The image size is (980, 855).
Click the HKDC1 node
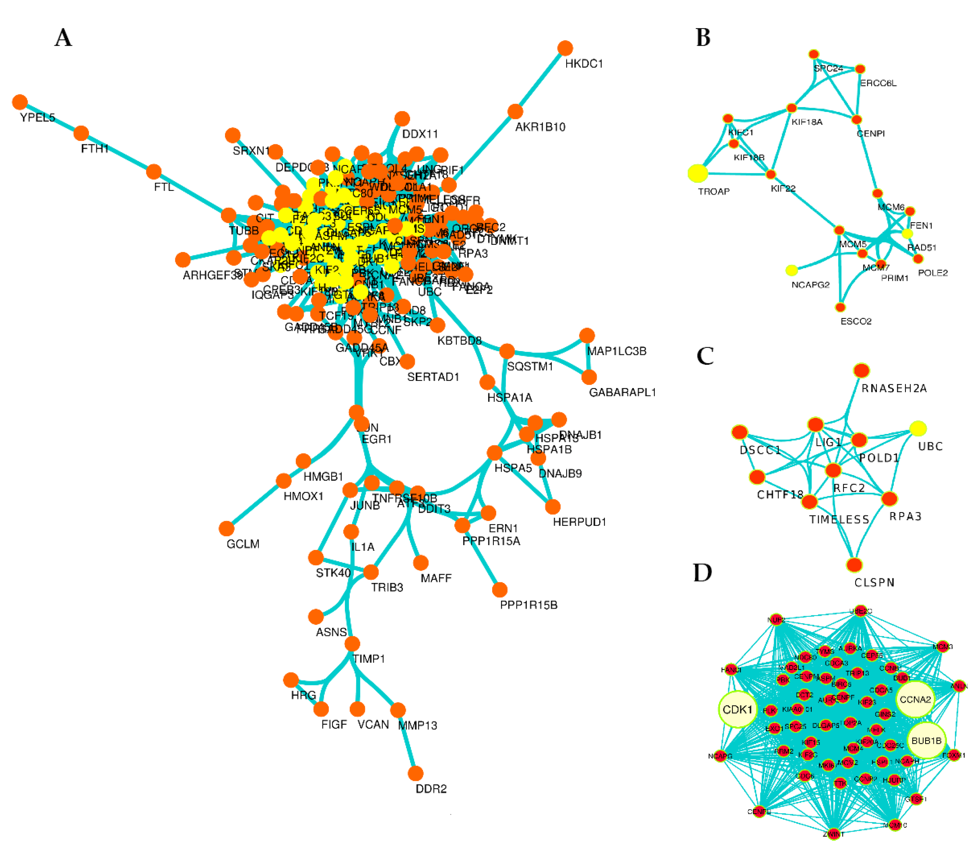point(565,48)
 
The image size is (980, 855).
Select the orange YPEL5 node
point(19,102)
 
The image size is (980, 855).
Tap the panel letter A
point(64,38)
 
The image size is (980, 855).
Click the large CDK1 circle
point(738,709)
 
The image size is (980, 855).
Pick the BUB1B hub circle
point(926,740)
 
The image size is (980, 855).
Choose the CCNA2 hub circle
point(915,700)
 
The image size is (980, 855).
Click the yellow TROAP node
point(698,173)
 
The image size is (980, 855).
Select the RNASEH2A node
point(861,370)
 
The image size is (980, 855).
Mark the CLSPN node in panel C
point(854,565)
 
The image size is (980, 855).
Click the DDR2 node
point(416,773)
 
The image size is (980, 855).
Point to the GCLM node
point(227,528)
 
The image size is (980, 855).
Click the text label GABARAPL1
point(622,392)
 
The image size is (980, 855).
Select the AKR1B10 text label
point(540,127)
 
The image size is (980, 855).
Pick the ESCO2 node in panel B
point(841,307)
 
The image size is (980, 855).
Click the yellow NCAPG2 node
point(792,270)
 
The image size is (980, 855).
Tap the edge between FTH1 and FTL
point(117,152)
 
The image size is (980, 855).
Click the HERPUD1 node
point(552,507)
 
